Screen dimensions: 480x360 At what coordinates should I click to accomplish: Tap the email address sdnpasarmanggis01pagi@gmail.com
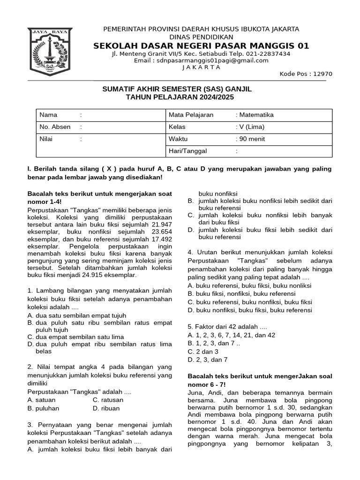[x=215, y=60]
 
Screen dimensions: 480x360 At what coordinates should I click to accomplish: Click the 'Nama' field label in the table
[x=48, y=115]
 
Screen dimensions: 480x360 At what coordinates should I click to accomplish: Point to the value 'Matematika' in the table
[x=256, y=115]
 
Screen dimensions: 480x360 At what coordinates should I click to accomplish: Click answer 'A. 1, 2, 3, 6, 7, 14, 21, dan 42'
[x=232, y=335]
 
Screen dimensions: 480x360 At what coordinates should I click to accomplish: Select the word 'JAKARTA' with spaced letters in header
[x=201, y=67]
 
